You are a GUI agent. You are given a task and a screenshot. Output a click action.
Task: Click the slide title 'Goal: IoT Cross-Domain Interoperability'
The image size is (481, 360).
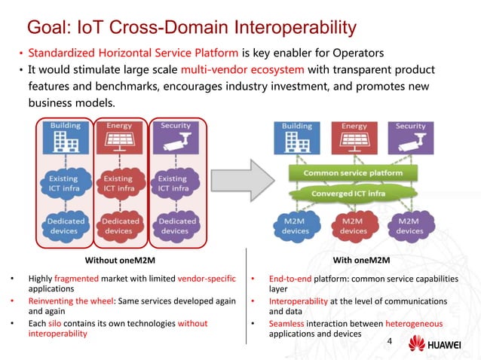tap(191, 28)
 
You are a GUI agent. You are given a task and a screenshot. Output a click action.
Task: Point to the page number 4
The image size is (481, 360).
tap(389, 342)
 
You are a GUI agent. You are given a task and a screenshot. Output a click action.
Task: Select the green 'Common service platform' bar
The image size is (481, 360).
tap(353, 172)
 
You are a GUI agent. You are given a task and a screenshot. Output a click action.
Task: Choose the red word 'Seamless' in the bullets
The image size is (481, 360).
tap(288, 324)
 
